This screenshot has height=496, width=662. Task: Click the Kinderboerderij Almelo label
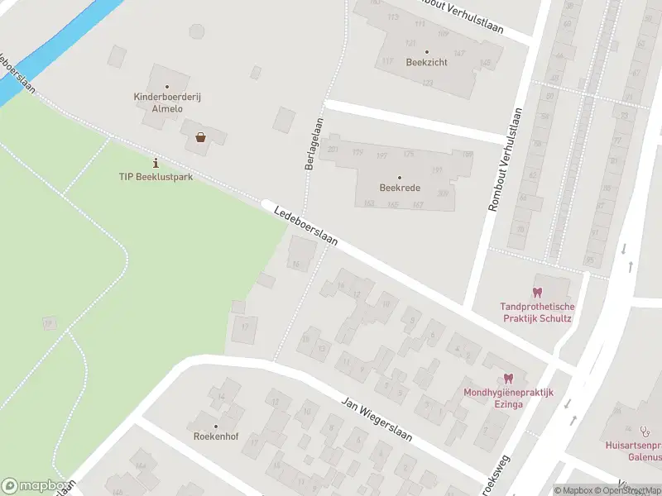pos(166,103)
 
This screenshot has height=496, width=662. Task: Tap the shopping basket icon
pos(200,137)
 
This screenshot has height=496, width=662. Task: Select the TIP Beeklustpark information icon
pos(156,163)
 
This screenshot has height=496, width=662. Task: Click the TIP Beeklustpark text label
pos(156,177)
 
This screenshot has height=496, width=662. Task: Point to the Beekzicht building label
pos(427,62)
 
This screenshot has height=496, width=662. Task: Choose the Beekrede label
pos(400,188)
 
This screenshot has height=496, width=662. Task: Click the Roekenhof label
pos(216,436)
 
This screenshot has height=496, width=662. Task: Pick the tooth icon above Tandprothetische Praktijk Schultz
pos(537,292)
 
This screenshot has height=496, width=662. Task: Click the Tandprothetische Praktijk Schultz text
pos(537,312)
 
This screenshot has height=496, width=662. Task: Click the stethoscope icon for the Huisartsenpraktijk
pos(644,430)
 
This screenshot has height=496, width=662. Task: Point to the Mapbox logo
pos(35,486)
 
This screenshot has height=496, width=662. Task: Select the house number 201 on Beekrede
pos(333,150)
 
